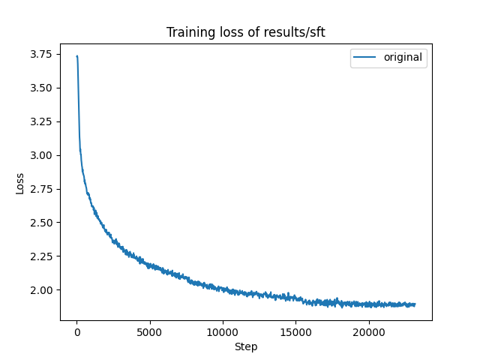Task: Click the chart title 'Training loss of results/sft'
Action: [245, 32]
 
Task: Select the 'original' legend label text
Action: [403, 57]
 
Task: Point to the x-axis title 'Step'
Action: [246, 346]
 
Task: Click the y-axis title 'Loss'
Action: [20, 182]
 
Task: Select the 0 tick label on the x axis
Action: [76, 332]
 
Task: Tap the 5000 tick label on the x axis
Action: [149, 332]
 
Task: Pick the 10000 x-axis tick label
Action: [223, 332]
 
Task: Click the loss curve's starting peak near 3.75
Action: [76, 56]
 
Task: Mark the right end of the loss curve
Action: [415, 304]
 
